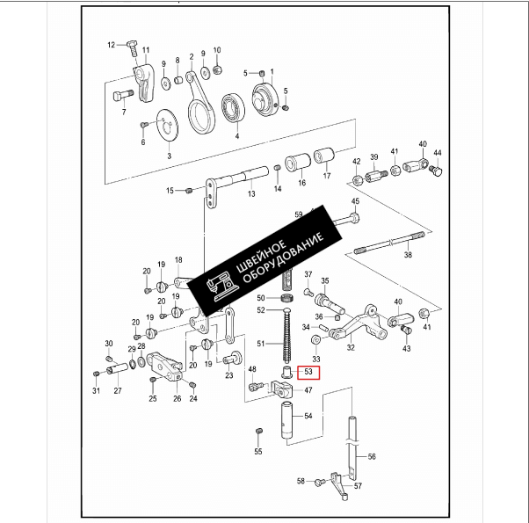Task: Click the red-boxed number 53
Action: [x=308, y=372]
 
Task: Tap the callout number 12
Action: [x=112, y=45]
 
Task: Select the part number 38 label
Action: [x=407, y=255]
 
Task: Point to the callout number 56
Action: [x=372, y=457]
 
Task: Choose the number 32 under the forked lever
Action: [x=351, y=348]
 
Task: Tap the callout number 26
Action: [x=177, y=398]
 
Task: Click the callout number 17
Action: [x=327, y=177]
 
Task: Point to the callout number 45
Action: [x=355, y=202]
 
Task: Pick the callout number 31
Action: [x=95, y=391]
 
